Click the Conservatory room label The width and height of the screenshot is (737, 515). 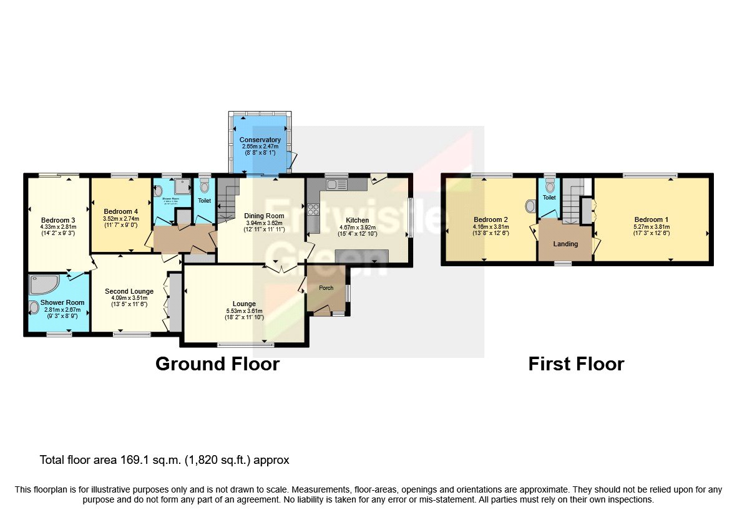[x=260, y=140]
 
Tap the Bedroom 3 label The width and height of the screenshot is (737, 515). [x=59, y=220]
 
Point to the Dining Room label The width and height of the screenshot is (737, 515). [x=264, y=216]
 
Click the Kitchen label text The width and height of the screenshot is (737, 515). [x=358, y=220]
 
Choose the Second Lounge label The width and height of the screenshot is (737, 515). [x=129, y=291]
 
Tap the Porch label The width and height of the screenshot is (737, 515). [x=326, y=288]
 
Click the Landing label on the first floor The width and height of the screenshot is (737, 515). [x=565, y=244]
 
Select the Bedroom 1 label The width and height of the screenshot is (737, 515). [x=651, y=219]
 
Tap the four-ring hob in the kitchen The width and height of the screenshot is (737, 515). [x=313, y=209]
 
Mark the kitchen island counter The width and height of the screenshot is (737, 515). [x=361, y=256]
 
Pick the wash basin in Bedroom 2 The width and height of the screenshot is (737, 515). [x=530, y=205]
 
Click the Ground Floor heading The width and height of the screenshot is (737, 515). [x=217, y=363]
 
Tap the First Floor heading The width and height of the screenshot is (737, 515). [x=576, y=363]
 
